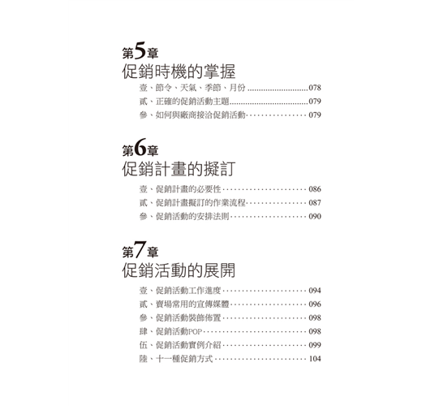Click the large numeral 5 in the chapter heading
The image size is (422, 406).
pyautogui.click(x=140, y=50)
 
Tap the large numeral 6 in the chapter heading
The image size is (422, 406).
pyautogui.click(x=140, y=148)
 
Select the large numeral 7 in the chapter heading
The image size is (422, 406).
pyautogui.click(x=140, y=249)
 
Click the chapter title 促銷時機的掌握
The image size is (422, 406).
pyautogui.click(x=179, y=71)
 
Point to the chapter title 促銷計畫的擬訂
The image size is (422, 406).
pyautogui.click(x=179, y=169)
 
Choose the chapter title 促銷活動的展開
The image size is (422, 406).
pyautogui.click(x=179, y=270)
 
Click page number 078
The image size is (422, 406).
pyautogui.click(x=315, y=88)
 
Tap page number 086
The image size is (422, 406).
pyautogui.click(x=315, y=189)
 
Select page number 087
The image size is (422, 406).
pyautogui.click(x=315, y=203)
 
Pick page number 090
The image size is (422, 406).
pyautogui.click(x=315, y=216)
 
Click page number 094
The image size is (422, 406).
pyautogui.click(x=315, y=291)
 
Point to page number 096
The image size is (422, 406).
pyautogui.click(x=315, y=304)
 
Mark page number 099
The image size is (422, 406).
pyautogui.click(x=315, y=345)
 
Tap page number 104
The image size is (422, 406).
pyautogui.click(x=315, y=359)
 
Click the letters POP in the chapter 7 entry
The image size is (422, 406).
pyautogui.click(x=196, y=331)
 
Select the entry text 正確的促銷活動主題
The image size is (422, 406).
pyautogui.click(x=192, y=101)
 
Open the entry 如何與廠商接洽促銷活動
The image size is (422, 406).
pyautogui.click(x=200, y=114)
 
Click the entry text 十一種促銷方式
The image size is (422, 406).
pyautogui.click(x=184, y=359)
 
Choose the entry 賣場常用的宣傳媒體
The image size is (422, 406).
pyautogui.click(x=192, y=304)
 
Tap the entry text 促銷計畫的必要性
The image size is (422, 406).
pyautogui.click(x=188, y=189)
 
